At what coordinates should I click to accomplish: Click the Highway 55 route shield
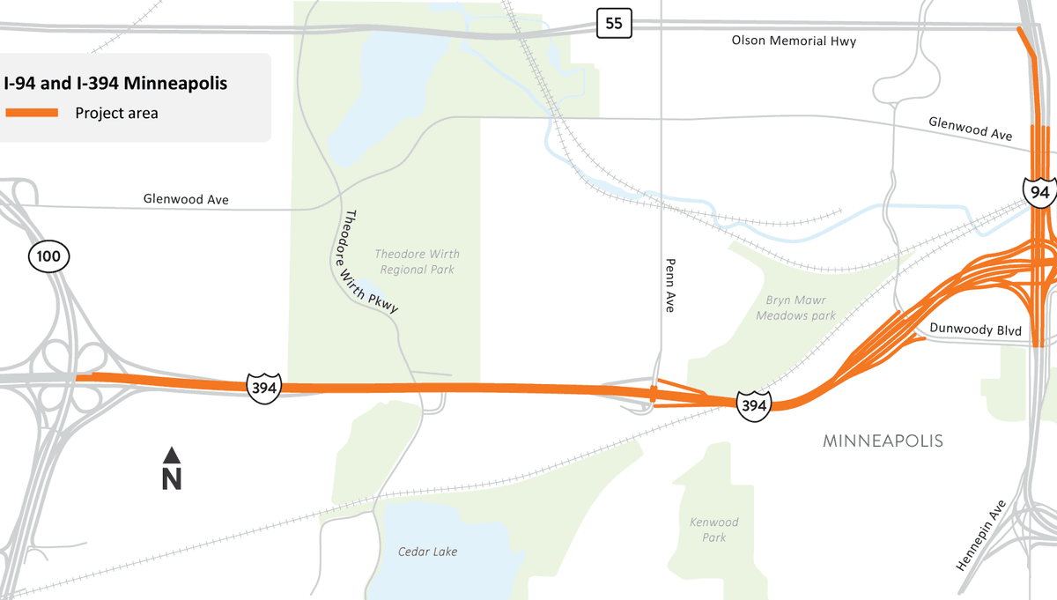pyautogui.click(x=614, y=24)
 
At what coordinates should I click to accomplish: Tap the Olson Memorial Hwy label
pyautogui.click(x=794, y=41)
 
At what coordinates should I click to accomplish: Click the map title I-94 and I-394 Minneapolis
pyautogui.click(x=115, y=84)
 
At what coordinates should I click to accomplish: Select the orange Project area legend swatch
pyautogui.click(x=32, y=113)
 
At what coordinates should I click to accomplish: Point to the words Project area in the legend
pyautogui.click(x=116, y=113)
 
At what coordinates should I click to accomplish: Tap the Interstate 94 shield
pyautogui.click(x=1039, y=191)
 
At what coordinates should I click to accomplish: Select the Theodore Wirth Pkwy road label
pyautogui.click(x=371, y=262)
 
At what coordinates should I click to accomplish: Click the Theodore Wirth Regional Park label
pyautogui.click(x=417, y=262)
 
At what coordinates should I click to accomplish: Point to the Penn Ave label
pyautogui.click(x=670, y=285)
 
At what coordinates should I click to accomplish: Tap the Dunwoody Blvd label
pyautogui.click(x=975, y=330)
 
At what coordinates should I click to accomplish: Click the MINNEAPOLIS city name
pyautogui.click(x=883, y=441)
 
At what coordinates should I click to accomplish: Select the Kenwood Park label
pyautogui.click(x=714, y=530)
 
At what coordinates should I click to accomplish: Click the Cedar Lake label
pyautogui.click(x=427, y=552)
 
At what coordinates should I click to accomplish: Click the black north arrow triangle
pyautogui.click(x=172, y=455)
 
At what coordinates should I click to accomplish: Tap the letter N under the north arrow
pyautogui.click(x=172, y=479)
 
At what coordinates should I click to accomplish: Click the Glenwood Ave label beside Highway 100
pyautogui.click(x=186, y=200)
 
